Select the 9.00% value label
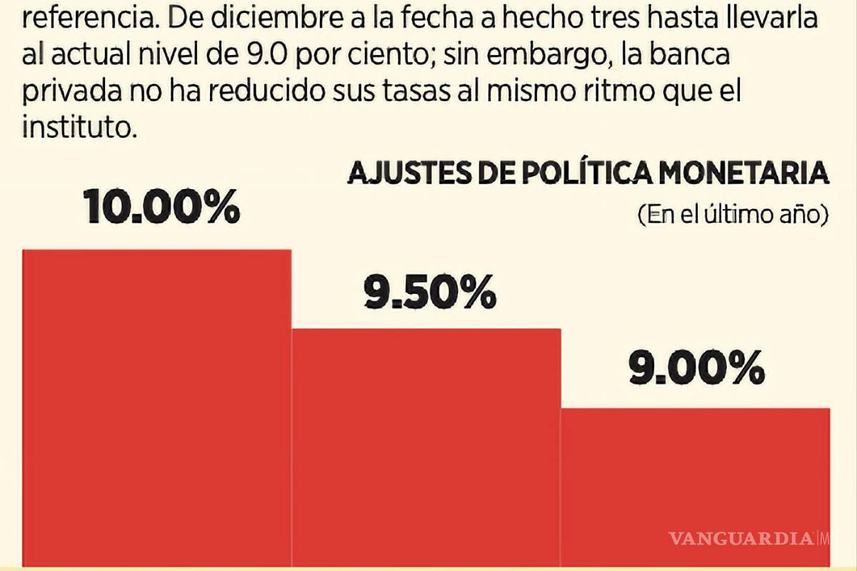[696, 370]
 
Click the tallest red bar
[157, 407]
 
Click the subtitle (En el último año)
[733, 214]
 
